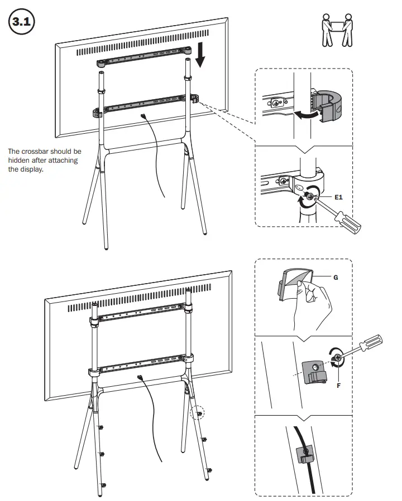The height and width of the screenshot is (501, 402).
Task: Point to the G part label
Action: click(335, 276)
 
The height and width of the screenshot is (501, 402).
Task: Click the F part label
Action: click(338, 384)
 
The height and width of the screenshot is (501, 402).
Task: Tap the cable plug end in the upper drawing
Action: click(145, 116)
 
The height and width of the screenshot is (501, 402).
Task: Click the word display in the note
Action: click(32, 169)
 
